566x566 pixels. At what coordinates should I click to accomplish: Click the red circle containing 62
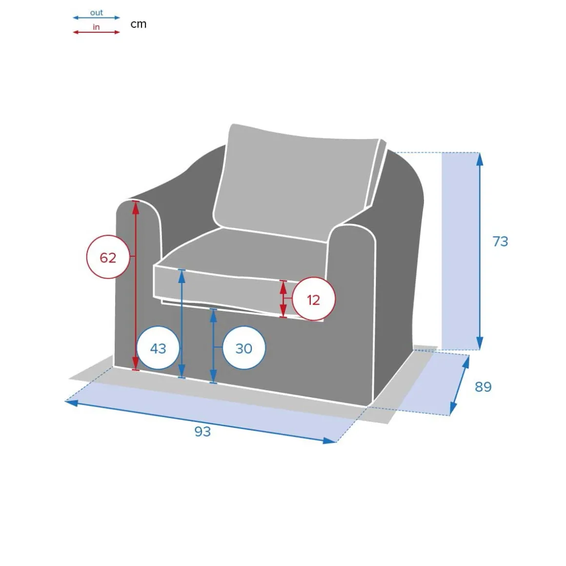[x=108, y=257]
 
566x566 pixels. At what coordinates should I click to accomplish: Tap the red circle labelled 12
[x=314, y=299]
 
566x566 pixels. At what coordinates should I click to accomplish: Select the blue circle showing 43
[x=158, y=348]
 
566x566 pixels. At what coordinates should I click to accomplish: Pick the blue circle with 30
[x=244, y=348]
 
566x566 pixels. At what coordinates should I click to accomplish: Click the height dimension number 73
[x=500, y=241]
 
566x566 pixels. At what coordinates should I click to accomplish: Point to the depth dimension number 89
[x=483, y=386]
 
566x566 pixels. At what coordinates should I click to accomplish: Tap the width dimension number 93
[x=202, y=431]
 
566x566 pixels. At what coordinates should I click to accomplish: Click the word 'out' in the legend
[x=97, y=13]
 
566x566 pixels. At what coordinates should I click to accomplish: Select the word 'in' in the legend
[x=96, y=27]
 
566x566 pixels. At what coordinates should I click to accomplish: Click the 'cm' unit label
[x=138, y=24]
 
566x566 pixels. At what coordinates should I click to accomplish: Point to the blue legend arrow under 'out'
[x=97, y=18]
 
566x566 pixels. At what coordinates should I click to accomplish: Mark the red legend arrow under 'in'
[x=97, y=32]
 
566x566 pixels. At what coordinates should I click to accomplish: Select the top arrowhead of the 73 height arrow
[x=480, y=159]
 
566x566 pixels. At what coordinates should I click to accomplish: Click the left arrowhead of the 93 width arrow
[x=71, y=402]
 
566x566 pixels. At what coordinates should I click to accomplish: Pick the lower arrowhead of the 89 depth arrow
[x=453, y=408]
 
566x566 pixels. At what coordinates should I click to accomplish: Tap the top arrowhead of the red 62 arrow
[x=136, y=207]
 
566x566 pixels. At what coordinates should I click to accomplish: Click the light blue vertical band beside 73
[x=460, y=251]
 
